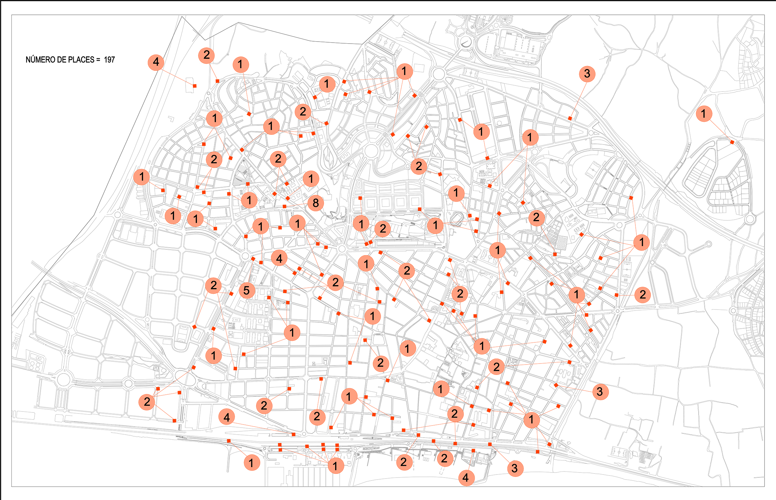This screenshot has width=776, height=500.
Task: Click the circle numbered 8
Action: [316, 203]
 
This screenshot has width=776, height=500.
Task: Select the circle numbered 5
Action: [247, 290]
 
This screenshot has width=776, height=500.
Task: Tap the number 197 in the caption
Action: [109, 60]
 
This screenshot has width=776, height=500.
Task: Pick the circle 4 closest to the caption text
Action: [156, 62]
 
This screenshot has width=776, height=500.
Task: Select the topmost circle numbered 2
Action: [207, 55]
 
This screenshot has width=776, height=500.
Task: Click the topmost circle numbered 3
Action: [587, 74]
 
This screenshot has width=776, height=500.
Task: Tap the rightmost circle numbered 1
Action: [704, 114]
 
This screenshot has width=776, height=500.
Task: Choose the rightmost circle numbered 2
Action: [642, 295]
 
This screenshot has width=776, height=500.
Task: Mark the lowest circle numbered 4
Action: [466, 478]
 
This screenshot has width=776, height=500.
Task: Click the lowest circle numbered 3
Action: [515, 468]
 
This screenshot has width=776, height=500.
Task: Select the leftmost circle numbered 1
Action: [142, 176]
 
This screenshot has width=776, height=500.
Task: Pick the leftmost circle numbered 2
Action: [147, 401]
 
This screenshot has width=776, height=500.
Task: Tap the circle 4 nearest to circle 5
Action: [279, 259]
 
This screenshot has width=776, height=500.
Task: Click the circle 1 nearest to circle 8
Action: [311, 179]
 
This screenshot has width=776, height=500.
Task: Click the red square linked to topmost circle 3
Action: [570, 118]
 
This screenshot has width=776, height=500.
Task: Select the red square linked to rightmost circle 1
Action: [732, 142]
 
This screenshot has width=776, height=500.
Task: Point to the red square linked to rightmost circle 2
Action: [616, 295]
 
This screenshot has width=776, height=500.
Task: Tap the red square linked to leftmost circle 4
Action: [195, 86]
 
